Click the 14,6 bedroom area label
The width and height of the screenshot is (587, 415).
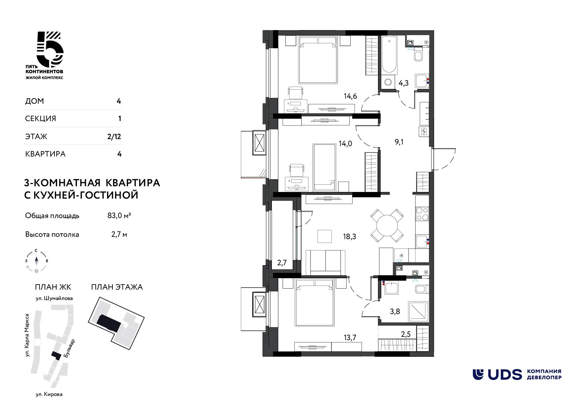[350, 96]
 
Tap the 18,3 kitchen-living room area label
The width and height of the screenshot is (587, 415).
[349, 237]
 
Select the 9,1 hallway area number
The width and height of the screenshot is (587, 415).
[399, 142]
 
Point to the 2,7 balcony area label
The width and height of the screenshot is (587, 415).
[282, 263]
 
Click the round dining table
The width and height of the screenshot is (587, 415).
[387, 226]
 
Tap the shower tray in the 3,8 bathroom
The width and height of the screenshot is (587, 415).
[418, 312]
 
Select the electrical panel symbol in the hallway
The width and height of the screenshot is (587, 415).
[424, 131]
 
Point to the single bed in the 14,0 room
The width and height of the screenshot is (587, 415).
[324, 168]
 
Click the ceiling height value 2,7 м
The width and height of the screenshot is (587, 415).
[119, 234]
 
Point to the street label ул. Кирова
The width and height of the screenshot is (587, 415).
[49, 395]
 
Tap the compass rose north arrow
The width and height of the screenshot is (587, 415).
[36, 260]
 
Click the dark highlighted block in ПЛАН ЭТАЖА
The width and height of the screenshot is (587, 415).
[108, 323]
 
